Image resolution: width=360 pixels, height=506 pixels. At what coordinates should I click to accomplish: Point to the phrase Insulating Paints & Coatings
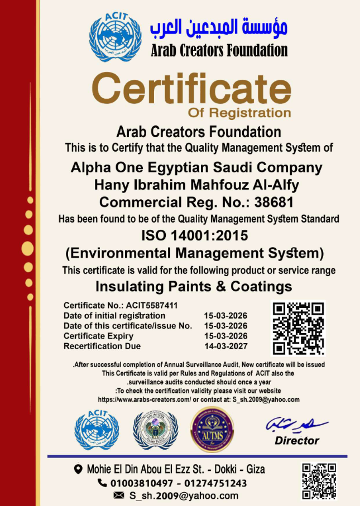pyautogui.click(x=194, y=287)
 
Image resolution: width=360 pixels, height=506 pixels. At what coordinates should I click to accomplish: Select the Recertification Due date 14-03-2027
pyautogui.click(x=225, y=346)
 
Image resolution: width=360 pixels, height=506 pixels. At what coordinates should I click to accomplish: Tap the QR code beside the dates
pyautogui.click(x=298, y=328)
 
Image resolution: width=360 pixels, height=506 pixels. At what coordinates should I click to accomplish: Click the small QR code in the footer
pyautogui.click(x=319, y=480)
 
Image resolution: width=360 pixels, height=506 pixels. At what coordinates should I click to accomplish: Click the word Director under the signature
pyautogui.click(x=297, y=441)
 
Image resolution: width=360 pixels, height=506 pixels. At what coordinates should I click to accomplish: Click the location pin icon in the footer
pyautogui.click(x=78, y=469)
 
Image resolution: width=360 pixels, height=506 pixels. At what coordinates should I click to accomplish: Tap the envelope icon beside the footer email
pyautogui.click(x=118, y=495)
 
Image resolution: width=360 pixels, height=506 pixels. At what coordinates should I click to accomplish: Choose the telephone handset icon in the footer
pyautogui.click(x=102, y=483)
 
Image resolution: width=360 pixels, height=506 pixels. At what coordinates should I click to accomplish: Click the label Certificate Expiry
pyautogui.click(x=98, y=336)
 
